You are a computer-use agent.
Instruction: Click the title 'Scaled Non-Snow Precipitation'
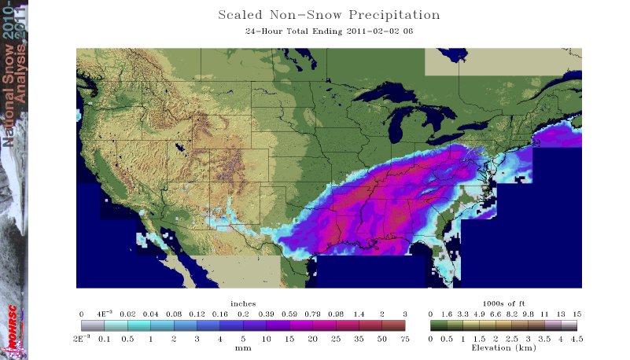[328, 15]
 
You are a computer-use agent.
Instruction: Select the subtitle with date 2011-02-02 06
[328, 32]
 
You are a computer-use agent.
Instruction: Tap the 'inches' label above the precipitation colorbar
[243, 303]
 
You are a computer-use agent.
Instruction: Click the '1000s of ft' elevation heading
[503, 303]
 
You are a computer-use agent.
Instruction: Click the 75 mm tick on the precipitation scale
[404, 338]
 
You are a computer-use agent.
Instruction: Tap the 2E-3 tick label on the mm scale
[83, 338]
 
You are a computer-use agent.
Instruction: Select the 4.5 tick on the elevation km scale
[577, 338]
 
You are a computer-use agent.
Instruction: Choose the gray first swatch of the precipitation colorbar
[93, 325]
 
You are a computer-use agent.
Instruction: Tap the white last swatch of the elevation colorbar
[570, 325]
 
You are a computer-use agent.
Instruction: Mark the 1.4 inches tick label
[359, 313]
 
